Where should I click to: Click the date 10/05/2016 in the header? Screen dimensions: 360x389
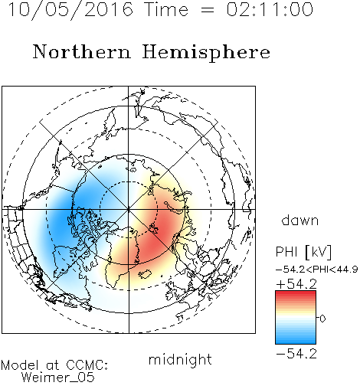(70, 9)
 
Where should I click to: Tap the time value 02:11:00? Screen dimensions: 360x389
(270, 9)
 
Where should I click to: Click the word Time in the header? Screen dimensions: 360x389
(166, 9)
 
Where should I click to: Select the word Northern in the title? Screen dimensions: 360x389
(82, 51)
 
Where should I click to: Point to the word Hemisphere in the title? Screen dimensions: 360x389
(206, 53)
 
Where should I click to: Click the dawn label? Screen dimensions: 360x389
(300, 220)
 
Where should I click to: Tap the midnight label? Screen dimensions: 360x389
(180, 359)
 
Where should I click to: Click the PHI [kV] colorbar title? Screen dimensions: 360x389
(303, 252)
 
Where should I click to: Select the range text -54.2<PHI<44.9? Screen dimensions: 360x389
(316, 270)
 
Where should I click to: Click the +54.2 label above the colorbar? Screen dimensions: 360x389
(296, 284)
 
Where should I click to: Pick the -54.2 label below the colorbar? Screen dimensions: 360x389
(296, 354)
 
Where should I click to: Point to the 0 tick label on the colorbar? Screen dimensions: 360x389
(322, 319)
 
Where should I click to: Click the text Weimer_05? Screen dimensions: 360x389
(58, 378)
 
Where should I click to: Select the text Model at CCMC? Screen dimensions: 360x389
(54, 365)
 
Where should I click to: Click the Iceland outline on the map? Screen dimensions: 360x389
(145, 274)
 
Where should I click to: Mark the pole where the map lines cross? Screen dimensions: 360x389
(129, 209)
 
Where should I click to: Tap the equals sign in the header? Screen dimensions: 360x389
(208, 10)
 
